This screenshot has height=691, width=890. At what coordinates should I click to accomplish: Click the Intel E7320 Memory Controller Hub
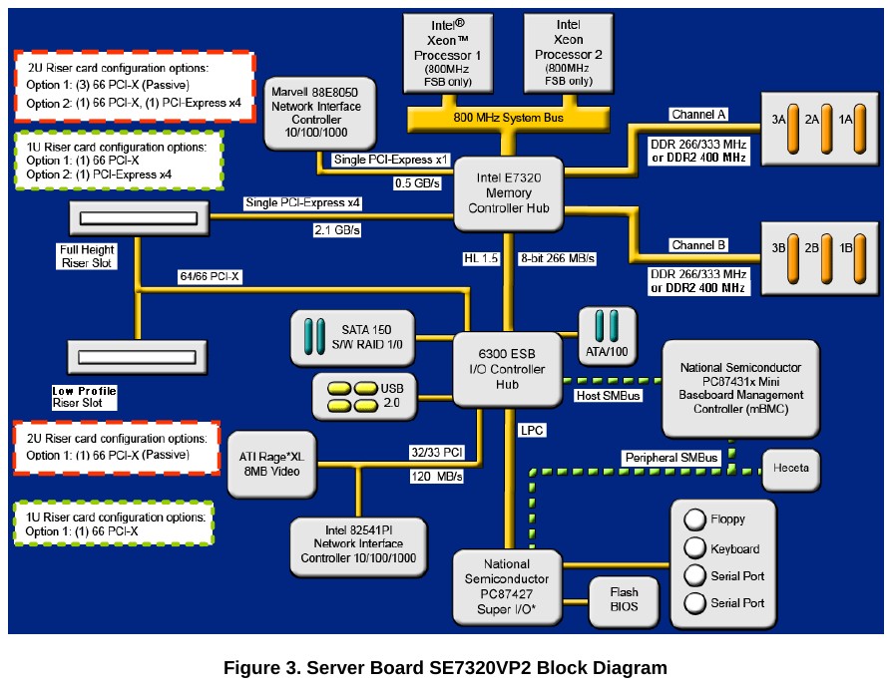pyautogui.click(x=509, y=193)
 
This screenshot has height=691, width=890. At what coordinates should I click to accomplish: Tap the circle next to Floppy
pyautogui.click(x=695, y=519)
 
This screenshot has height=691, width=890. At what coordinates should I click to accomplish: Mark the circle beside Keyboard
pyautogui.click(x=695, y=548)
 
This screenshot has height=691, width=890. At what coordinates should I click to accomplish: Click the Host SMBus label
pyautogui.click(x=608, y=396)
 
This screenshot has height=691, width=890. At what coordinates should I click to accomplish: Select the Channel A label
pyautogui.click(x=698, y=115)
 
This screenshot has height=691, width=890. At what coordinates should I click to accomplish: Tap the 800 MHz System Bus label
pyautogui.click(x=509, y=117)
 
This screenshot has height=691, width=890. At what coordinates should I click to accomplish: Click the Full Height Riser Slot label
pyautogui.click(x=86, y=256)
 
